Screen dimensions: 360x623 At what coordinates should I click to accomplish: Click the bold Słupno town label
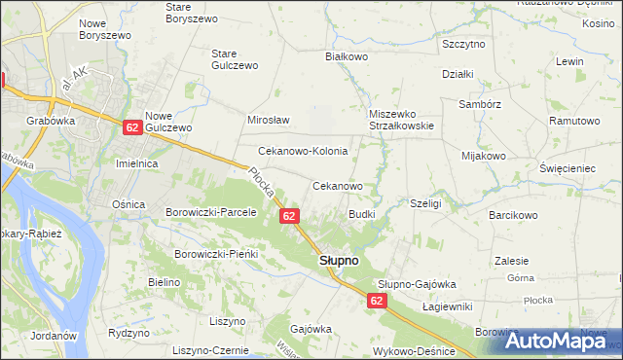(x=339, y=262)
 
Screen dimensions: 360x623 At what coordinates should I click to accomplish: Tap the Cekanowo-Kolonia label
(x=302, y=152)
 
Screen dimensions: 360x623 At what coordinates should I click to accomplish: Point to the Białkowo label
(x=345, y=57)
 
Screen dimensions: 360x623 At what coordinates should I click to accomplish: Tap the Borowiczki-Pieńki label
(x=215, y=254)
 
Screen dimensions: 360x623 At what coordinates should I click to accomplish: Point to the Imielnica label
(x=137, y=163)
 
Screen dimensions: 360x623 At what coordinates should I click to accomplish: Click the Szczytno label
(x=463, y=45)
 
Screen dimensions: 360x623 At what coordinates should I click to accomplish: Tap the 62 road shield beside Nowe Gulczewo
(x=133, y=126)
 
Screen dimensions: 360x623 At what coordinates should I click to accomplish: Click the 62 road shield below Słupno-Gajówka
(x=378, y=302)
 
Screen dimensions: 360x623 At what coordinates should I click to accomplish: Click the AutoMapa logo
(x=565, y=341)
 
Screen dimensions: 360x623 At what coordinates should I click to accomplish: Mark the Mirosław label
(x=269, y=120)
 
